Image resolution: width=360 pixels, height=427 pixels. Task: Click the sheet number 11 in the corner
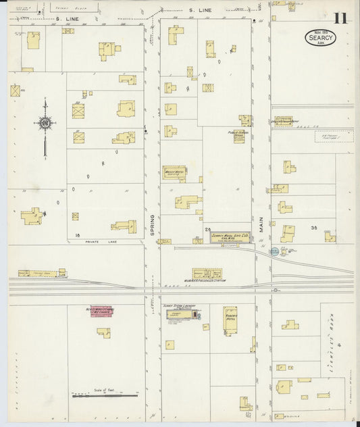(340, 18)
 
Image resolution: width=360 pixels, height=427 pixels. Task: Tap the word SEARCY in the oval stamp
(319, 38)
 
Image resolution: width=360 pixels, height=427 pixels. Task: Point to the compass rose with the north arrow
(45, 123)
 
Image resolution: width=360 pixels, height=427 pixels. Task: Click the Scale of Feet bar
(105, 395)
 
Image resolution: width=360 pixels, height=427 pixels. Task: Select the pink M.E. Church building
(101, 312)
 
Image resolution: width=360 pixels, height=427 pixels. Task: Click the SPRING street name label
(152, 226)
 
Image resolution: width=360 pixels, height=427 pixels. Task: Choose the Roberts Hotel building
(230, 320)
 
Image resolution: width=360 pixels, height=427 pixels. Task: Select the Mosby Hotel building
(174, 173)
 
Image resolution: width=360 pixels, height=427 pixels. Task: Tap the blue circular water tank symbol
(274, 251)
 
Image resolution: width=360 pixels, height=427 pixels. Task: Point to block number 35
(313, 229)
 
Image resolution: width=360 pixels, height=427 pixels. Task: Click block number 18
(78, 234)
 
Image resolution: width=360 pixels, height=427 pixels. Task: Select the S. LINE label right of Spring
(201, 10)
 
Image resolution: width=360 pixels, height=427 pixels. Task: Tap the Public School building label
(238, 132)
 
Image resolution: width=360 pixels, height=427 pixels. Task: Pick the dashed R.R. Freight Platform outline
(334, 137)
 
